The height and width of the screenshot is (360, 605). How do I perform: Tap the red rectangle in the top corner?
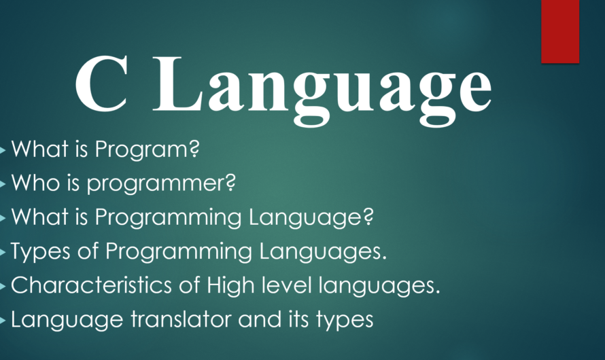559,31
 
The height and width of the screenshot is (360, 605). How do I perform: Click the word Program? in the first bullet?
146,149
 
